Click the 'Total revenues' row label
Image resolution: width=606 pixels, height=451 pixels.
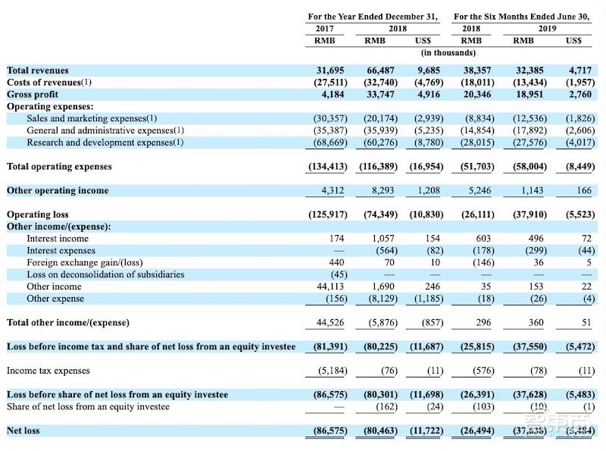pyautogui.click(x=38, y=70)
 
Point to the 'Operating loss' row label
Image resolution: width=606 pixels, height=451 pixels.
pyautogui.click(x=37, y=215)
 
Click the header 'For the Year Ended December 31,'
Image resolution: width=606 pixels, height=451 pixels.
pyautogui.click(x=373, y=16)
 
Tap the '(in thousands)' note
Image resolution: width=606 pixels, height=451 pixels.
pyautogui.click(x=448, y=52)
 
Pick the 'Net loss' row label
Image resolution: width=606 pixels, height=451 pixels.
pyautogui.click(x=23, y=431)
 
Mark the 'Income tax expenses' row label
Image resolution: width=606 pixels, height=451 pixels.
pyautogui.click(x=48, y=371)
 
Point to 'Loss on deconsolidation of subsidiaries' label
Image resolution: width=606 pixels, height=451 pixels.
pyautogui.click(x=105, y=274)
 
